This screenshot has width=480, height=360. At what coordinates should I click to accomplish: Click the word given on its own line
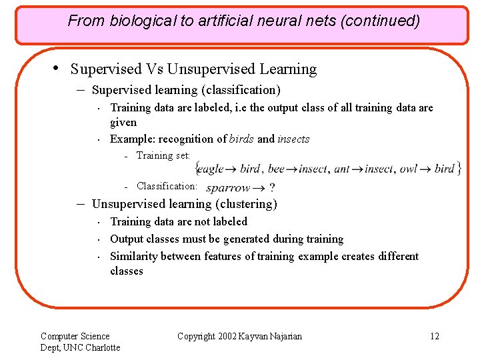(123, 122)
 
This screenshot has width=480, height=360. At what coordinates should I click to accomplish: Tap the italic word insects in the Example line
(293, 139)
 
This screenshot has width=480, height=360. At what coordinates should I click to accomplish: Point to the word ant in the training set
(341, 169)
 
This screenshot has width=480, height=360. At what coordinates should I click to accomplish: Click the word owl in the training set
(408, 169)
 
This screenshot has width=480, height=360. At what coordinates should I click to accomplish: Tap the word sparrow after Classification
(228, 189)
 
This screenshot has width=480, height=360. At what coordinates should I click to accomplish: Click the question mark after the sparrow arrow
(271, 189)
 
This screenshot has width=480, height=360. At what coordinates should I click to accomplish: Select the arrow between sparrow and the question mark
(258, 189)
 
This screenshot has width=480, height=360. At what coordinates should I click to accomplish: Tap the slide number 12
(435, 336)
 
